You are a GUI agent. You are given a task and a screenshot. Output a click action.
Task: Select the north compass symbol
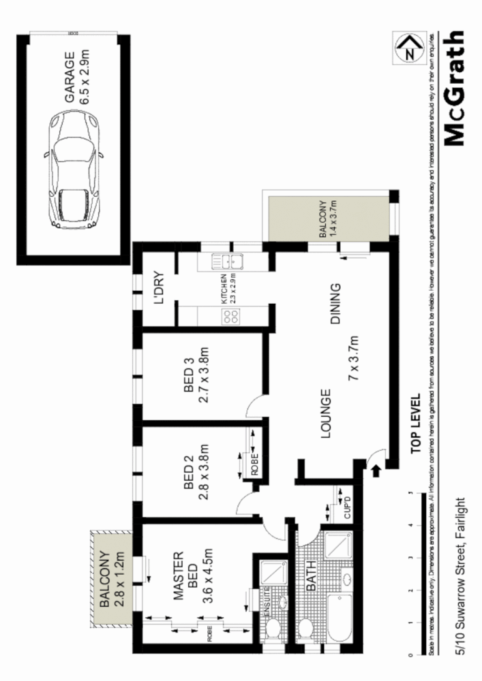[408, 49]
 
